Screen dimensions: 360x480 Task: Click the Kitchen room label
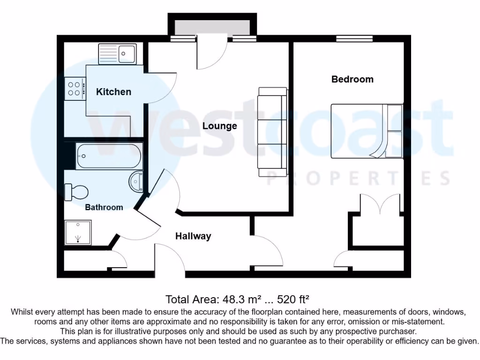coord(113,92)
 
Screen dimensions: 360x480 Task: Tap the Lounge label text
coord(219,126)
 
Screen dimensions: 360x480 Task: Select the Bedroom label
coord(352,79)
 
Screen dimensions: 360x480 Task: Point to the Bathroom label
coord(104,207)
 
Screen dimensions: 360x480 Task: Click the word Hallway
coord(193,236)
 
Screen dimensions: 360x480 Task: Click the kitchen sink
coord(117,54)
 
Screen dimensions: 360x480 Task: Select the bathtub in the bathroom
coord(109,157)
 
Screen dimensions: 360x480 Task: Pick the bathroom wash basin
coord(136,181)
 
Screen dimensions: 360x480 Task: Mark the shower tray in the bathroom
coord(78,233)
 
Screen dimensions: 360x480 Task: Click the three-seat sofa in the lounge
coord(272,132)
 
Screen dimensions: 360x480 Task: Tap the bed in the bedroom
coord(367,131)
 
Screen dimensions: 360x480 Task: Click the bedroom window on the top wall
coord(354,39)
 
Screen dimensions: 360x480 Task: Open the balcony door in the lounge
coord(212,54)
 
